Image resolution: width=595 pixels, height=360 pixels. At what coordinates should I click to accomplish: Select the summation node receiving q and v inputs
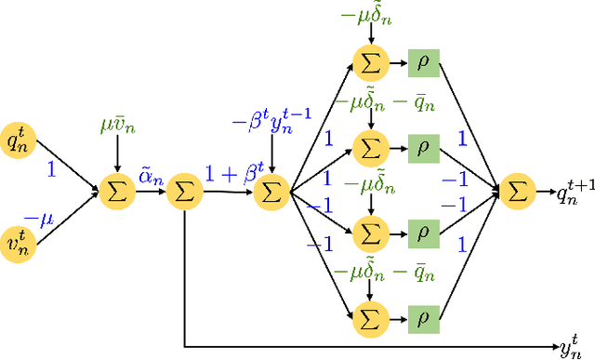(x=116, y=193)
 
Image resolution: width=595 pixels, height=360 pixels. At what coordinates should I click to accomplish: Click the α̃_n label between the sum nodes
(x=151, y=174)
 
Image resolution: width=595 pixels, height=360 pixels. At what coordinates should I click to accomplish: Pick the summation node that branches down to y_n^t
(x=184, y=193)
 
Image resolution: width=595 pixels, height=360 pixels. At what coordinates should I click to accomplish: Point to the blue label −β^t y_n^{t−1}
(x=271, y=122)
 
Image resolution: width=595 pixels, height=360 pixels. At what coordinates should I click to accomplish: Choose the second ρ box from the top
(x=422, y=146)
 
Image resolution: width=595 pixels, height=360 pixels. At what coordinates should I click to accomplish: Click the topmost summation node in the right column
(x=370, y=64)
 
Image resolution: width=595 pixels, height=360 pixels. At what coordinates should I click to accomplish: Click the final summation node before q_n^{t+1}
(x=516, y=193)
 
